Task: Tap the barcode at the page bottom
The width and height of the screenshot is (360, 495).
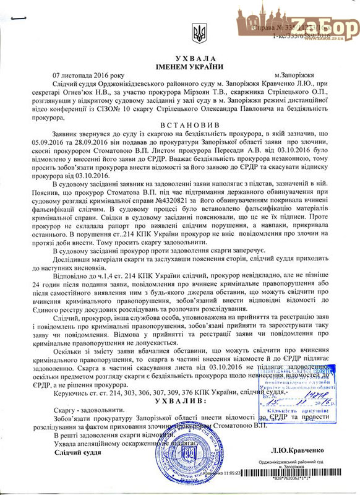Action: [310, 480]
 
